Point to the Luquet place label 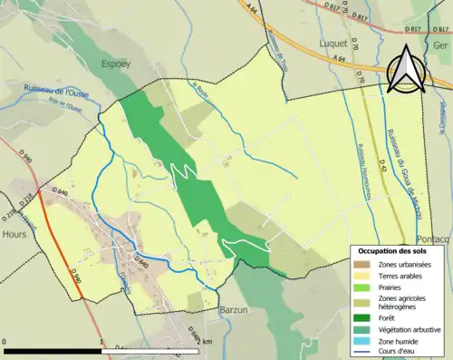[335, 43]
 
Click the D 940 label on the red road [75, 273]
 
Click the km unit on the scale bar [207, 342]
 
